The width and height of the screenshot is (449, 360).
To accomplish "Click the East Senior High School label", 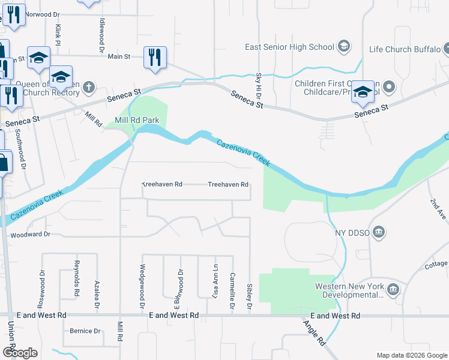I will point(289,47).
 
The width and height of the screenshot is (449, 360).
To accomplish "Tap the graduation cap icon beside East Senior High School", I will point(344,47).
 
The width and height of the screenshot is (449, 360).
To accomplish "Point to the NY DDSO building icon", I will point(379,232).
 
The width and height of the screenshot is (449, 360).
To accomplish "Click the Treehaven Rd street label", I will point(228,185).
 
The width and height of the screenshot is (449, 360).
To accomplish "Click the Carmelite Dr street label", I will point(232,295).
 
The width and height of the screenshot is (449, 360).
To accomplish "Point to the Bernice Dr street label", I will point(85,331).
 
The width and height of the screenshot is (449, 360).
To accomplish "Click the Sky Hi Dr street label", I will point(259,86).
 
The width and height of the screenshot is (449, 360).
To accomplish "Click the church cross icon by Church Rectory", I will point(88,88).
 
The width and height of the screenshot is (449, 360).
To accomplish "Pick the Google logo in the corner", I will point(20,353).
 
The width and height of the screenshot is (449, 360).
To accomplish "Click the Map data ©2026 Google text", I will point(411,355).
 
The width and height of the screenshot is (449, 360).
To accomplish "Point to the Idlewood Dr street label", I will point(101,34).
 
